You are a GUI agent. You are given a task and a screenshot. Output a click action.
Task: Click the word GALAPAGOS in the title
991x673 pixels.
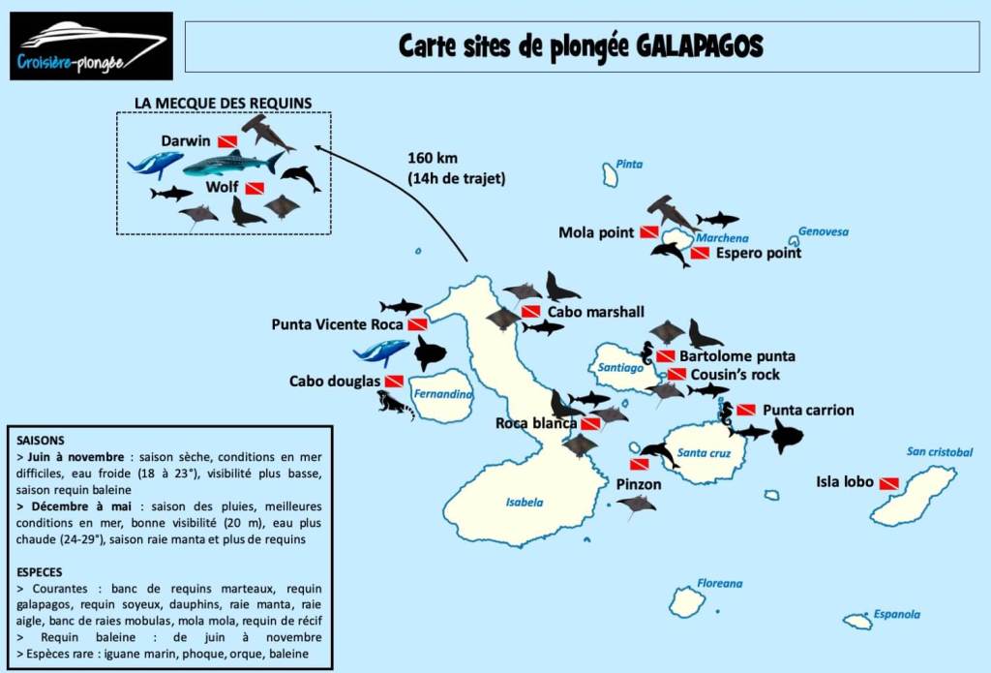pos(699,46)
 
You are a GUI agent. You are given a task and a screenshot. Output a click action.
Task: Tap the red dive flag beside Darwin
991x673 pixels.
pos(227,141)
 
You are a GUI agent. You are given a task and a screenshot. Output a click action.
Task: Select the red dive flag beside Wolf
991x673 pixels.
pos(255,188)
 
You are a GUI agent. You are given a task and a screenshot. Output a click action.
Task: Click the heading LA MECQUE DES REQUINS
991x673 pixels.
pos(223,102)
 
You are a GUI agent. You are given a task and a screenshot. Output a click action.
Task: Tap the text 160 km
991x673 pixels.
pos(433,158)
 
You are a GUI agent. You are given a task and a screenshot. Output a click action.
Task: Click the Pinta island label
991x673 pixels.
pos(629,164)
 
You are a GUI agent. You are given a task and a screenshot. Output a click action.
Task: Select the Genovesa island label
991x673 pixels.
pos(823,232)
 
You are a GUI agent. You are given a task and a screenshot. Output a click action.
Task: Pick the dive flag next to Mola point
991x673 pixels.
pos(649,232)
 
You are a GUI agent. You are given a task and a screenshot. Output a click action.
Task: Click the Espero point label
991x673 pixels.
pos(759,254)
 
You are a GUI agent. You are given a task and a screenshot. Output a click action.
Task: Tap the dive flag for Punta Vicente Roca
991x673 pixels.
pos(417,324)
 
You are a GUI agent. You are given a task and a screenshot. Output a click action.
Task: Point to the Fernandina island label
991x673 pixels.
pos(443,394)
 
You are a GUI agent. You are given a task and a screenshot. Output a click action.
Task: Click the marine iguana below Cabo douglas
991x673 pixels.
pos(395,404)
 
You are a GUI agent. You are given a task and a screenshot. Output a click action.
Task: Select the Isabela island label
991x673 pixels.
pos(525,502)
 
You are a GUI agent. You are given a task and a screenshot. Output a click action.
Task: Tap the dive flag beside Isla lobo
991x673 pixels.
pos(888,482)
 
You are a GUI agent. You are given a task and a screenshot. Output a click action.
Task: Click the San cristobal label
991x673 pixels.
pos(939,451)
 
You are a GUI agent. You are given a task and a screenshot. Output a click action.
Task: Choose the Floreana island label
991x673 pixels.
pos(720,583)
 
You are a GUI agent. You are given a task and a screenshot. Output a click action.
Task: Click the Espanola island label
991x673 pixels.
pos(896,614)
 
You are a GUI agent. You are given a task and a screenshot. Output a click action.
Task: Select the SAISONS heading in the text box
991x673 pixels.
pos(41,440)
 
